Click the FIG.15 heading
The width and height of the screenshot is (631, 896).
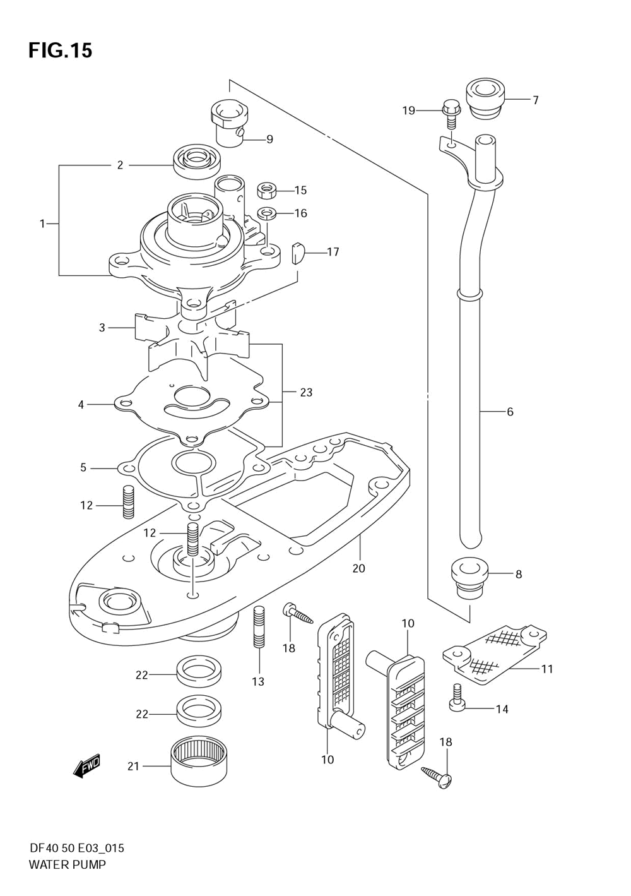[61, 51]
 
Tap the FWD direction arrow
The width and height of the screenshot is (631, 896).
[86, 767]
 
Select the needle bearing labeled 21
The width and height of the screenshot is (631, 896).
[199, 765]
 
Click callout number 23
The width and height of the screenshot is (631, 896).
[306, 392]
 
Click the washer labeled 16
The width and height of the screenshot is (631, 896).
[266, 213]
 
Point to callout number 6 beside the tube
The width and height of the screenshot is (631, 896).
[510, 412]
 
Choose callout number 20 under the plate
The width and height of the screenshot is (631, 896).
[359, 568]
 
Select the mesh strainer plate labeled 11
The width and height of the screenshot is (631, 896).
[494, 652]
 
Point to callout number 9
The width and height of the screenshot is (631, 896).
[269, 139]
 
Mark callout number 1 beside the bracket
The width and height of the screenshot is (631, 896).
[42, 224]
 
